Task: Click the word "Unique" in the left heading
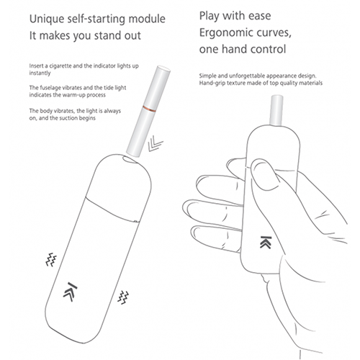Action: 46,19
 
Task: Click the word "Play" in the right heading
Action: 209,17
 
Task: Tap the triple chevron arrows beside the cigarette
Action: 155,144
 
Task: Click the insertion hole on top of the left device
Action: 131,159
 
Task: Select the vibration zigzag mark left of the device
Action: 51,259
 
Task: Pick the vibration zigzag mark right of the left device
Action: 123,297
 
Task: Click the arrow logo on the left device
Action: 70,292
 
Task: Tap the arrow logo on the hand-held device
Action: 266,242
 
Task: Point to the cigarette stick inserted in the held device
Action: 276,110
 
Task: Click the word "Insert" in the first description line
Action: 36,66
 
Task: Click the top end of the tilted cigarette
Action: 163,68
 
